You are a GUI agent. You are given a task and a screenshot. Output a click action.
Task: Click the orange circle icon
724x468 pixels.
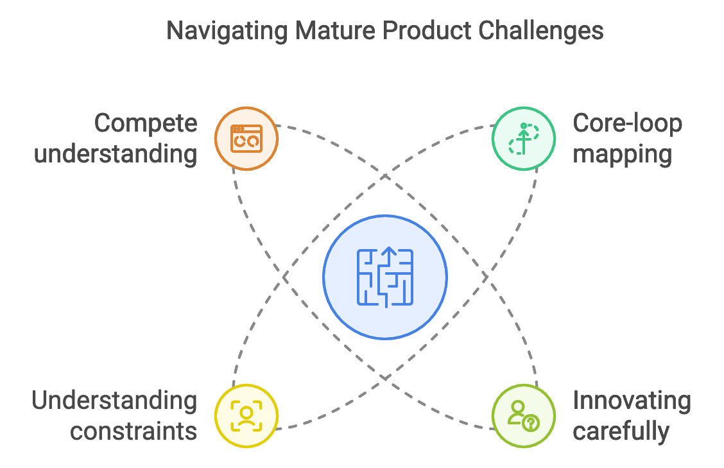(246, 138)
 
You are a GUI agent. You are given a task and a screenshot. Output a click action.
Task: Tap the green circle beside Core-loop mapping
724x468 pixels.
(523, 138)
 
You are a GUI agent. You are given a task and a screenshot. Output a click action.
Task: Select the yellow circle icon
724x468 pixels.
(246, 415)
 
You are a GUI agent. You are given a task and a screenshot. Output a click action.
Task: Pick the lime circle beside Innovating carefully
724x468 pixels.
(523, 415)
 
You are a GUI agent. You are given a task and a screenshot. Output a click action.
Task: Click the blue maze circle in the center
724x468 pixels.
(385, 277)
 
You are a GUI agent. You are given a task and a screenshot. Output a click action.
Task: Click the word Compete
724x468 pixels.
(146, 123)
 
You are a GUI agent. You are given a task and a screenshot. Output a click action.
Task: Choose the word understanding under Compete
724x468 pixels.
(116, 154)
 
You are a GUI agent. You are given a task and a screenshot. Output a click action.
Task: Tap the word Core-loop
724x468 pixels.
(627, 123)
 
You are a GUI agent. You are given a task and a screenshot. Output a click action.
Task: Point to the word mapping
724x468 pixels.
(622, 154)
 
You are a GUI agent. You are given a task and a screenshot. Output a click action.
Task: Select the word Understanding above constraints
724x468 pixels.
(115, 400)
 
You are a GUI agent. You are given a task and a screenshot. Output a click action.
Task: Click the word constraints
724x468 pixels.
(134, 431)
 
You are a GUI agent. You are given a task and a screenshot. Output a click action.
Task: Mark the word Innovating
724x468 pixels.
(632, 400)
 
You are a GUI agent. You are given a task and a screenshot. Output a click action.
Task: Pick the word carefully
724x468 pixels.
(621, 431)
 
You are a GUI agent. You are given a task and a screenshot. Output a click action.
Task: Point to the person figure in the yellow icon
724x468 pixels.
(246, 415)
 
